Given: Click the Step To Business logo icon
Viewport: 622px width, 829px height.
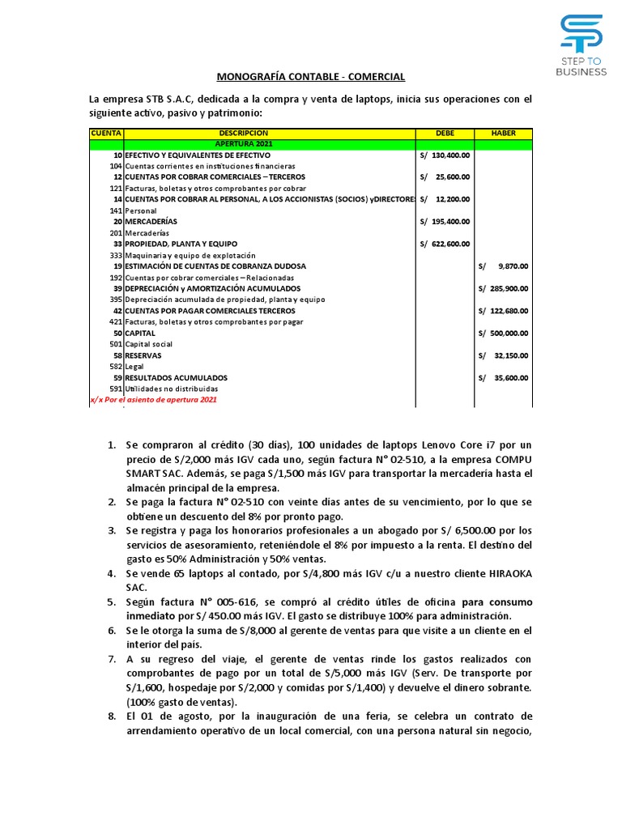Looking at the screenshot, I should coord(581,35).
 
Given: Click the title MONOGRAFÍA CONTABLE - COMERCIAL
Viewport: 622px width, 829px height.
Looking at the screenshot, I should coord(311,77).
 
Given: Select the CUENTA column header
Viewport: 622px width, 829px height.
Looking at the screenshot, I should coord(105,133).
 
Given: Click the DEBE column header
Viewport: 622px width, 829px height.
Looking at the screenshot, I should coord(445,133).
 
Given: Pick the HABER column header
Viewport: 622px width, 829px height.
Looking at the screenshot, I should coord(504,133).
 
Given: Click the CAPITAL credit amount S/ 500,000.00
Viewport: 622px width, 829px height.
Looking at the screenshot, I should coord(504,333).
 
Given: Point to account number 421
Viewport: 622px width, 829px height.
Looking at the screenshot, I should coord(115,321).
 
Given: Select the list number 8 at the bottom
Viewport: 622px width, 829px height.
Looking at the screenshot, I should coord(112,716).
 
